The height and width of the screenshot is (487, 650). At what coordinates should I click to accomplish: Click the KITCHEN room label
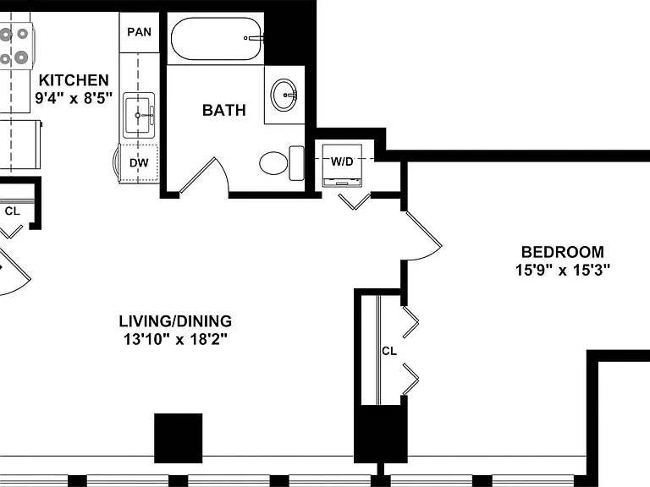74,80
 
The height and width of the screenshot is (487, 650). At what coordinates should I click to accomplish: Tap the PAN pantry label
140,32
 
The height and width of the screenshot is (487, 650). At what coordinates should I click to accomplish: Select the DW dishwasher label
139,162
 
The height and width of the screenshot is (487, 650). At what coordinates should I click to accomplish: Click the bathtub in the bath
217,39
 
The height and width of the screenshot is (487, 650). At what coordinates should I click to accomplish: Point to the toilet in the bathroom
282,163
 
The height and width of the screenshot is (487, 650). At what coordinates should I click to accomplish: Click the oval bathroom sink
284,95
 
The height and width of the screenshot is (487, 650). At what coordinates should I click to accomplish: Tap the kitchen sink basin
138,115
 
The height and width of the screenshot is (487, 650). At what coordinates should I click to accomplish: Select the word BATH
224,110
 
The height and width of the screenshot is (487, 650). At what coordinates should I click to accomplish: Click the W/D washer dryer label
342,161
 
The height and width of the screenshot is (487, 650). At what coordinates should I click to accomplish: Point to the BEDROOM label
563,252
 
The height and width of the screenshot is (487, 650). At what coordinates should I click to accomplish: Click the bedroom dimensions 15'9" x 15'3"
563,270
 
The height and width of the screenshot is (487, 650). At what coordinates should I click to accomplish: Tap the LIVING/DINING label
175,321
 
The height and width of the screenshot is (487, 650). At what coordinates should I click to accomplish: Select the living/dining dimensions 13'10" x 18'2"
175,340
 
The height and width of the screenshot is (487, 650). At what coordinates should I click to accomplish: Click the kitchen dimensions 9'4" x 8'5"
74,98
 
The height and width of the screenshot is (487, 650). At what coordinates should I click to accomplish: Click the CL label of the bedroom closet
389,351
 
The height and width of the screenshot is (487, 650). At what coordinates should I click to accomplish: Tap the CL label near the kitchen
13,211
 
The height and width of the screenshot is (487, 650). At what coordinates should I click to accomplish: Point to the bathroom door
197,175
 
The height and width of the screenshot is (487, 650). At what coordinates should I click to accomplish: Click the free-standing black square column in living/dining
179,438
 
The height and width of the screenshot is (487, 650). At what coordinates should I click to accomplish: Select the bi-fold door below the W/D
355,202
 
